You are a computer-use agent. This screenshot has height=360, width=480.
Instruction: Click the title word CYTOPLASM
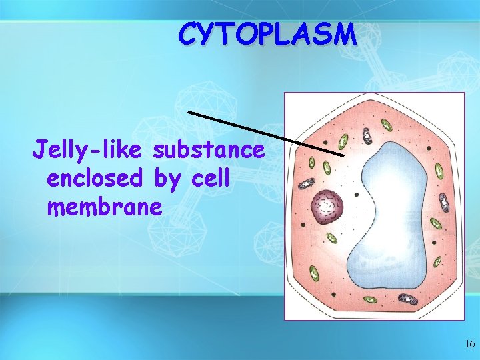coord(267,34)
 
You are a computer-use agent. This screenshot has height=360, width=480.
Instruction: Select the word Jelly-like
coord(89,151)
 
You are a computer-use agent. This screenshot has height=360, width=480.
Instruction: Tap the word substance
coord(209,151)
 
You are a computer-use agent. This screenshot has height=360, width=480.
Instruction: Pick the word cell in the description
coord(210,179)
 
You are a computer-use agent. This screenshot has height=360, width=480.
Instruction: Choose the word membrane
coord(104,207)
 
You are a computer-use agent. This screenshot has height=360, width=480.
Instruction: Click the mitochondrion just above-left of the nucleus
coord(307,184)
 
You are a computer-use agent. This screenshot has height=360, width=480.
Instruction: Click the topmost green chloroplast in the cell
coord(386,125)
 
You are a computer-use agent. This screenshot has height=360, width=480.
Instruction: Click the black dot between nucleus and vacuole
coord(357,195)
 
